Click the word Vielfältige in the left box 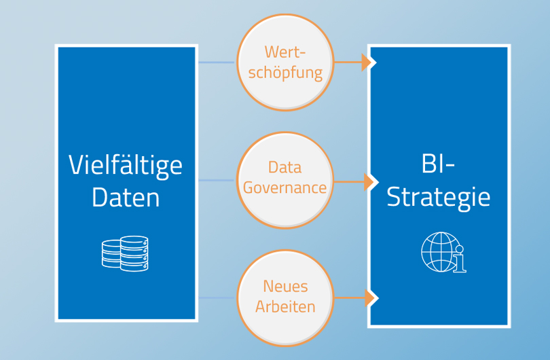pyautogui.click(x=126, y=165)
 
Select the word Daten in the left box pyautogui.click(x=126, y=198)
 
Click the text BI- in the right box pyautogui.click(x=438, y=165)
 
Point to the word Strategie pyautogui.click(x=438, y=198)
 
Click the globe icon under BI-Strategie pyautogui.click(x=440, y=252)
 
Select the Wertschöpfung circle pyautogui.click(x=285, y=62)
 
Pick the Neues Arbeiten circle pyautogui.click(x=285, y=298)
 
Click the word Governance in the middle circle pyautogui.click(x=285, y=188)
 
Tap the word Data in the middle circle pyautogui.click(x=285, y=168)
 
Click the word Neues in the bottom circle pyautogui.click(x=285, y=287)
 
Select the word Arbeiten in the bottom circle pyautogui.click(x=285, y=307)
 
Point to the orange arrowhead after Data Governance pyautogui.click(x=370, y=182)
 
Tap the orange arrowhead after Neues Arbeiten pyautogui.click(x=370, y=298)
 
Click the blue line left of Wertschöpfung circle pyautogui.click(x=217, y=62)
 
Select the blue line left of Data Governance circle pyautogui.click(x=217, y=180)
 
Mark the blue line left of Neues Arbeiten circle pyautogui.click(x=217, y=298)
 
